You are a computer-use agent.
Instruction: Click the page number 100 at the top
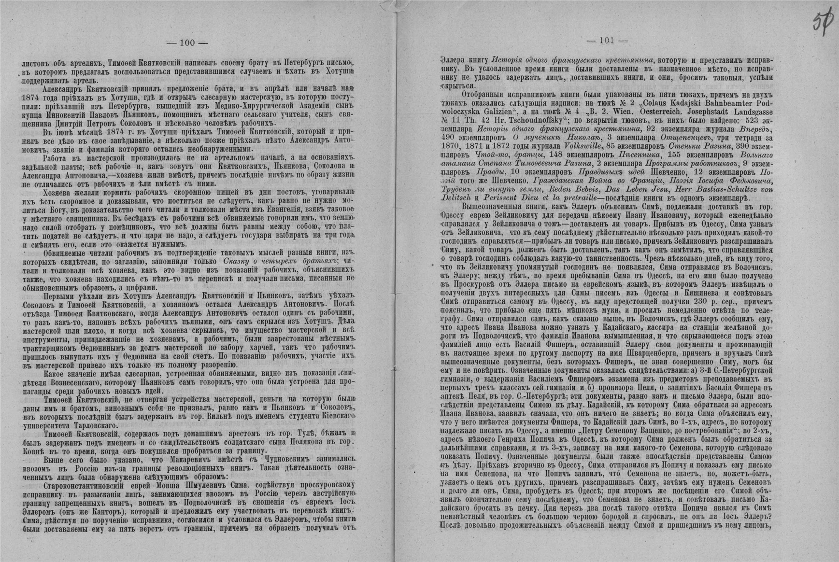pos(187,43)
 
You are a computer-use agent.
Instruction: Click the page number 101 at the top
pos(607,41)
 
